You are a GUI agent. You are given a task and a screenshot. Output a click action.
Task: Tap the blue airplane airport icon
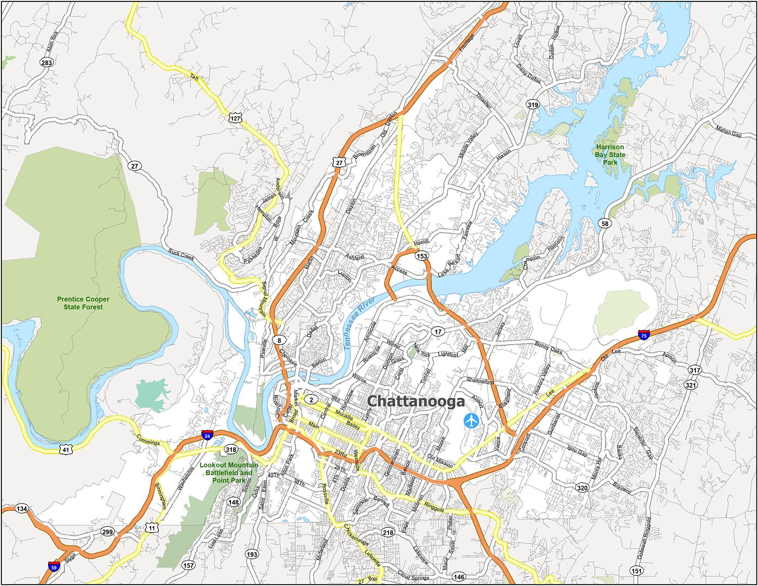[x=471, y=420]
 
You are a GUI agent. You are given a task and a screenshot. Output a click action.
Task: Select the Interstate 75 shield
[x=643, y=334]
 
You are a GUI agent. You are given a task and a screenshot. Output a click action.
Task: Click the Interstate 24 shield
[x=207, y=434]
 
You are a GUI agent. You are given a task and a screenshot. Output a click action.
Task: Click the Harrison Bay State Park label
[x=610, y=155]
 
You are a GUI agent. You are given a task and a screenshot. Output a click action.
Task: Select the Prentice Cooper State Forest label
[x=83, y=303]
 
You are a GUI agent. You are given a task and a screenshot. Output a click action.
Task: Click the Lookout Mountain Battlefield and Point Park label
[x=229, y=472]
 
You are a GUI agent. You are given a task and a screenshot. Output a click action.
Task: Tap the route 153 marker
[x=422, y=256]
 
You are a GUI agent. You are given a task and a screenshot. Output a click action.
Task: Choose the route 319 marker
[x=533, y=105]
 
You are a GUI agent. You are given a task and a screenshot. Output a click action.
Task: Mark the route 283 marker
[x=46, y=63]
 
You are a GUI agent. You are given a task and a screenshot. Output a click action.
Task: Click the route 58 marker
[x=605, y=223]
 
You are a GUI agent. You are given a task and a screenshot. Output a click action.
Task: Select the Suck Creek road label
[x=181, y=254]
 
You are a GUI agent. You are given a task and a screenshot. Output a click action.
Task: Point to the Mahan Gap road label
[x=728, y=131]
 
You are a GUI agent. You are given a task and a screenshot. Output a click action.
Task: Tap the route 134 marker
[x=21, y=508]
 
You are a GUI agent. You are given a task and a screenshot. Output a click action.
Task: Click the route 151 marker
[x=637, y=571]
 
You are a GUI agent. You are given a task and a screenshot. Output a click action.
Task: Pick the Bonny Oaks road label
[x=548, y=348]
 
